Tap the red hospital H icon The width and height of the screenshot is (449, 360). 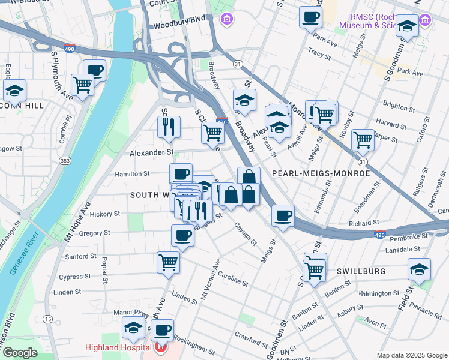pyautogui.click(x=160, y=348)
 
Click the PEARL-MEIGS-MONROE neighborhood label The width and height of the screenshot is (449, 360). pyautogui.click(x=321, y=173)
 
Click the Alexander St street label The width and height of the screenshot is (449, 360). pyautogui.click(x=152, y=153)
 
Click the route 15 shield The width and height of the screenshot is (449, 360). pyautogui.click(x=47, y=319)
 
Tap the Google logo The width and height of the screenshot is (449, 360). pyautogui.click(x=20, y=353)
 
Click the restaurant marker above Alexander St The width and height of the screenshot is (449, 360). pyautogui.click(x=169, y=127)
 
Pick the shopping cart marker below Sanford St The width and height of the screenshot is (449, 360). pyautogui.click(x=168, y=262)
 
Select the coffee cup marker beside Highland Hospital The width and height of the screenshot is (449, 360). pyautogui.click(x=161, y=329)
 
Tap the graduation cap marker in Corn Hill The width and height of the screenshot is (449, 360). pyautogui.click(x=14, y=91)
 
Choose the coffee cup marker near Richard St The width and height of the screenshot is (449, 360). pyautogui.click(x=282, y=215)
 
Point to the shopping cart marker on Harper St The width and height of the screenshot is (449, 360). pyautogui.click(x=363, y=140)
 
